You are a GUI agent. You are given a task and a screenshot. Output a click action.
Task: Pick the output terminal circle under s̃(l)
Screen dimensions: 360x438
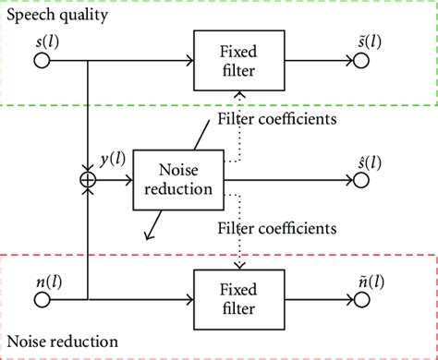(361, 62)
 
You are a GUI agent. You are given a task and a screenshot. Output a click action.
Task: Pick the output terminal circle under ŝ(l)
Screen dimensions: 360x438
(361, 179)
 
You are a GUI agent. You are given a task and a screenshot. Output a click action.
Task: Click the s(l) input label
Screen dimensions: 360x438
(40, 41)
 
